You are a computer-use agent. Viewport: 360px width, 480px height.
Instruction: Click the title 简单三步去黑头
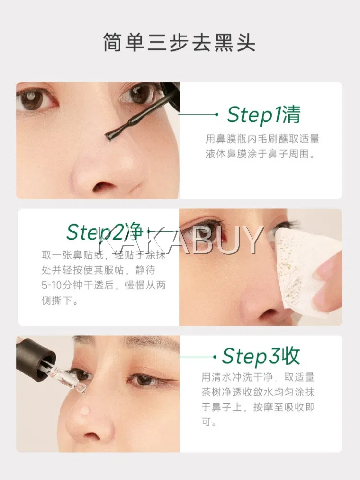pyautogui.click(x=180, y=42)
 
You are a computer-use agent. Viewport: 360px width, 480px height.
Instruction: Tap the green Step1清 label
pyautogui.click(x=264, y=115)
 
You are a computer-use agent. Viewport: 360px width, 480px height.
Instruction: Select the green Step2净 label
pyautogui.click(x=105, y=232)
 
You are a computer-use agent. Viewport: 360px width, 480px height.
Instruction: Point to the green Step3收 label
pyautogui.click(x=261, y=356)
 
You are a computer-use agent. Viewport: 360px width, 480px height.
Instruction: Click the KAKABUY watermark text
pyautogui.click(x=180, y=240)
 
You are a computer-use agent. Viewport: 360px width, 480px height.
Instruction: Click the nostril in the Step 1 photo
pyautogui.click(x=103, y=186)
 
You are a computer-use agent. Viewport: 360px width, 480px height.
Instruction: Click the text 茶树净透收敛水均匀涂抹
pyautogui.click(x=258, y=392)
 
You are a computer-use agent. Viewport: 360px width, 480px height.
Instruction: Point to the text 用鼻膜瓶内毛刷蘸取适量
pyautogui.click(x=263, y=139)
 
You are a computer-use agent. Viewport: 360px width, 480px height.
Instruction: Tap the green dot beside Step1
pyautogui.click(x=217, y=114)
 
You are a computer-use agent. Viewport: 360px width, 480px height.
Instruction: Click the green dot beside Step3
pyautogui.click(x=215, y=357)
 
